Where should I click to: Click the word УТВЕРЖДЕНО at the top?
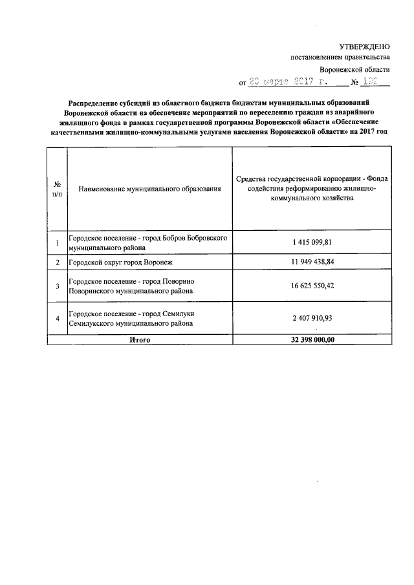click(x=365, y=47)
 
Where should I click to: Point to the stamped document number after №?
click(x=372, y=83)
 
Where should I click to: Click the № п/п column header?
click(x=57, y=189)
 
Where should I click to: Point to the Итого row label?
click(x=140, y=339)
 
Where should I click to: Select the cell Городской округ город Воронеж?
click(x=122, y=262)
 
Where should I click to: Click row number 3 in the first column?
click(x=58, y=286)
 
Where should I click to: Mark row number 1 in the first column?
click(x=58, y=242)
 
